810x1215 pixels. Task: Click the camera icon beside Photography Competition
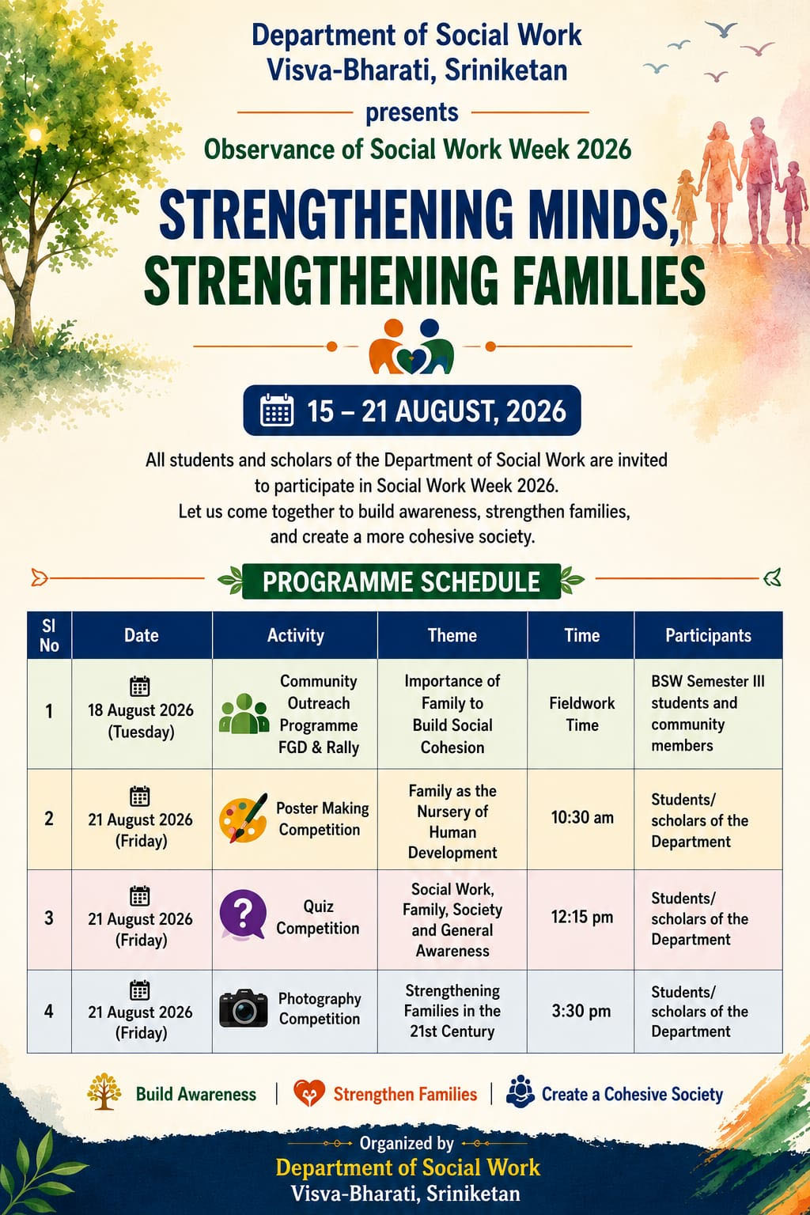click(243, 1008)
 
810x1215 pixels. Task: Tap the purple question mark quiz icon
click(243, 914)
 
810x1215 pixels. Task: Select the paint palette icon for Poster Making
click(244, 819)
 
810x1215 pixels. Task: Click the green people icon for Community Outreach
click(244, 713)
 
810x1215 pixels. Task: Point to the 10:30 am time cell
click(582, 817)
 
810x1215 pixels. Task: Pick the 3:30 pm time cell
click(581, 1011)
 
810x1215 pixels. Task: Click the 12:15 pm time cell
click(581, 918)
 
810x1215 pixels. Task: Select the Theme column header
click(452, 635)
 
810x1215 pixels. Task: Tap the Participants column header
click(708, 635)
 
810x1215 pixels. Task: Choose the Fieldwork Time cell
click(581, 713)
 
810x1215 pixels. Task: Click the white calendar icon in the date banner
click(277, 411)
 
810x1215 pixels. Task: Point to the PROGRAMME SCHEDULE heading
click(401, 581)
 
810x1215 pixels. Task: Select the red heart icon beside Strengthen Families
click(309, 1093)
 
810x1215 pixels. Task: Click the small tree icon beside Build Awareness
click(104, 1092)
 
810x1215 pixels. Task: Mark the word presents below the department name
click(412, 113)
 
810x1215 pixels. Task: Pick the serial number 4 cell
click(49, 1010)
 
